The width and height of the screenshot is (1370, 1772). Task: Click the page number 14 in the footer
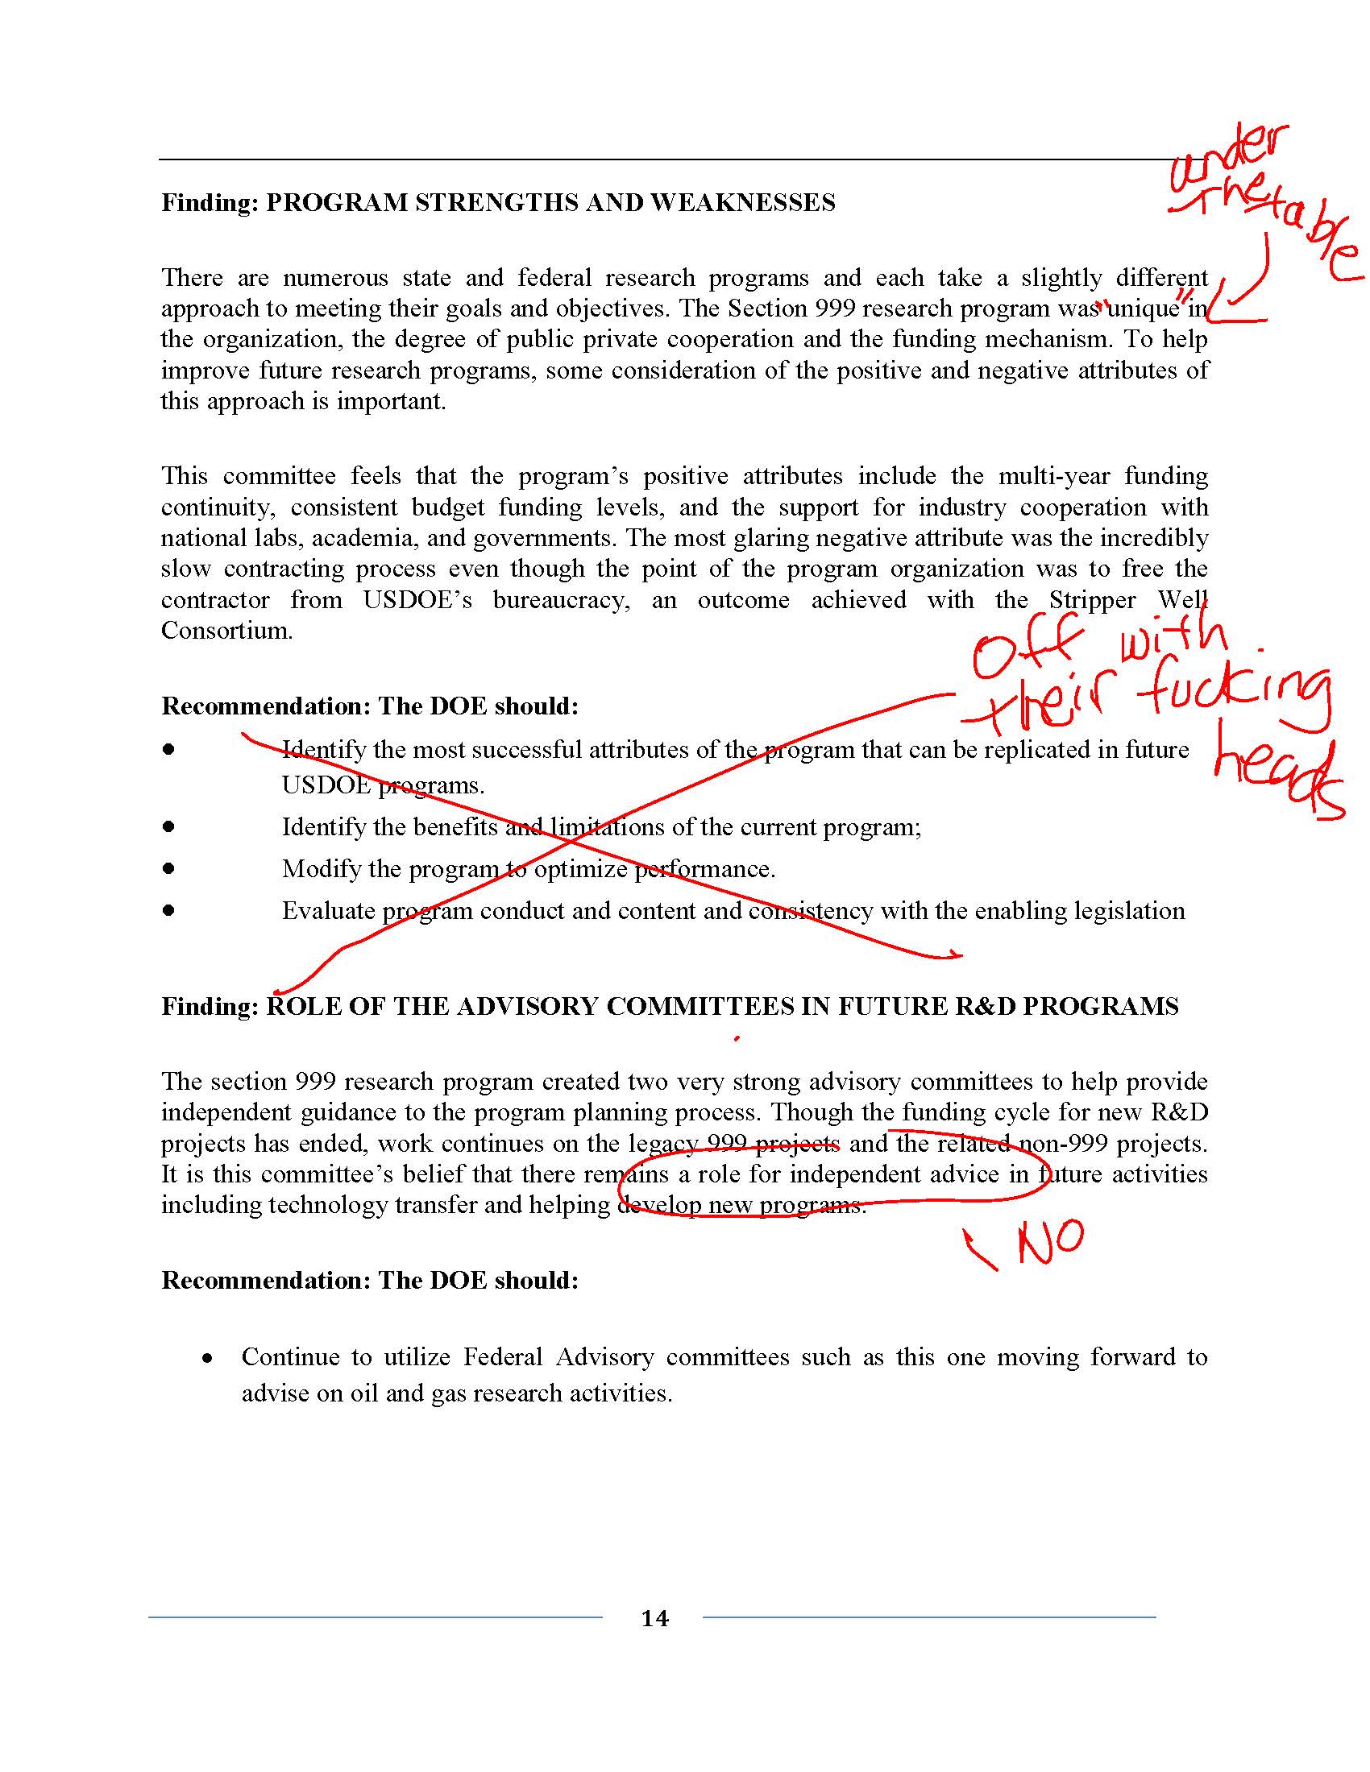coord(655,1618)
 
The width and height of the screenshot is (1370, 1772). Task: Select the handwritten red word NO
coord(1050,1241)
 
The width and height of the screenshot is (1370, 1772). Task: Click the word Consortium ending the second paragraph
coord(226,631)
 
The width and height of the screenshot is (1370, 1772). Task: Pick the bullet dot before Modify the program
coord(168,868)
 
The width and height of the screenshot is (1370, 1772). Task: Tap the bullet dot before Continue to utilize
coord(209,1357)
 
